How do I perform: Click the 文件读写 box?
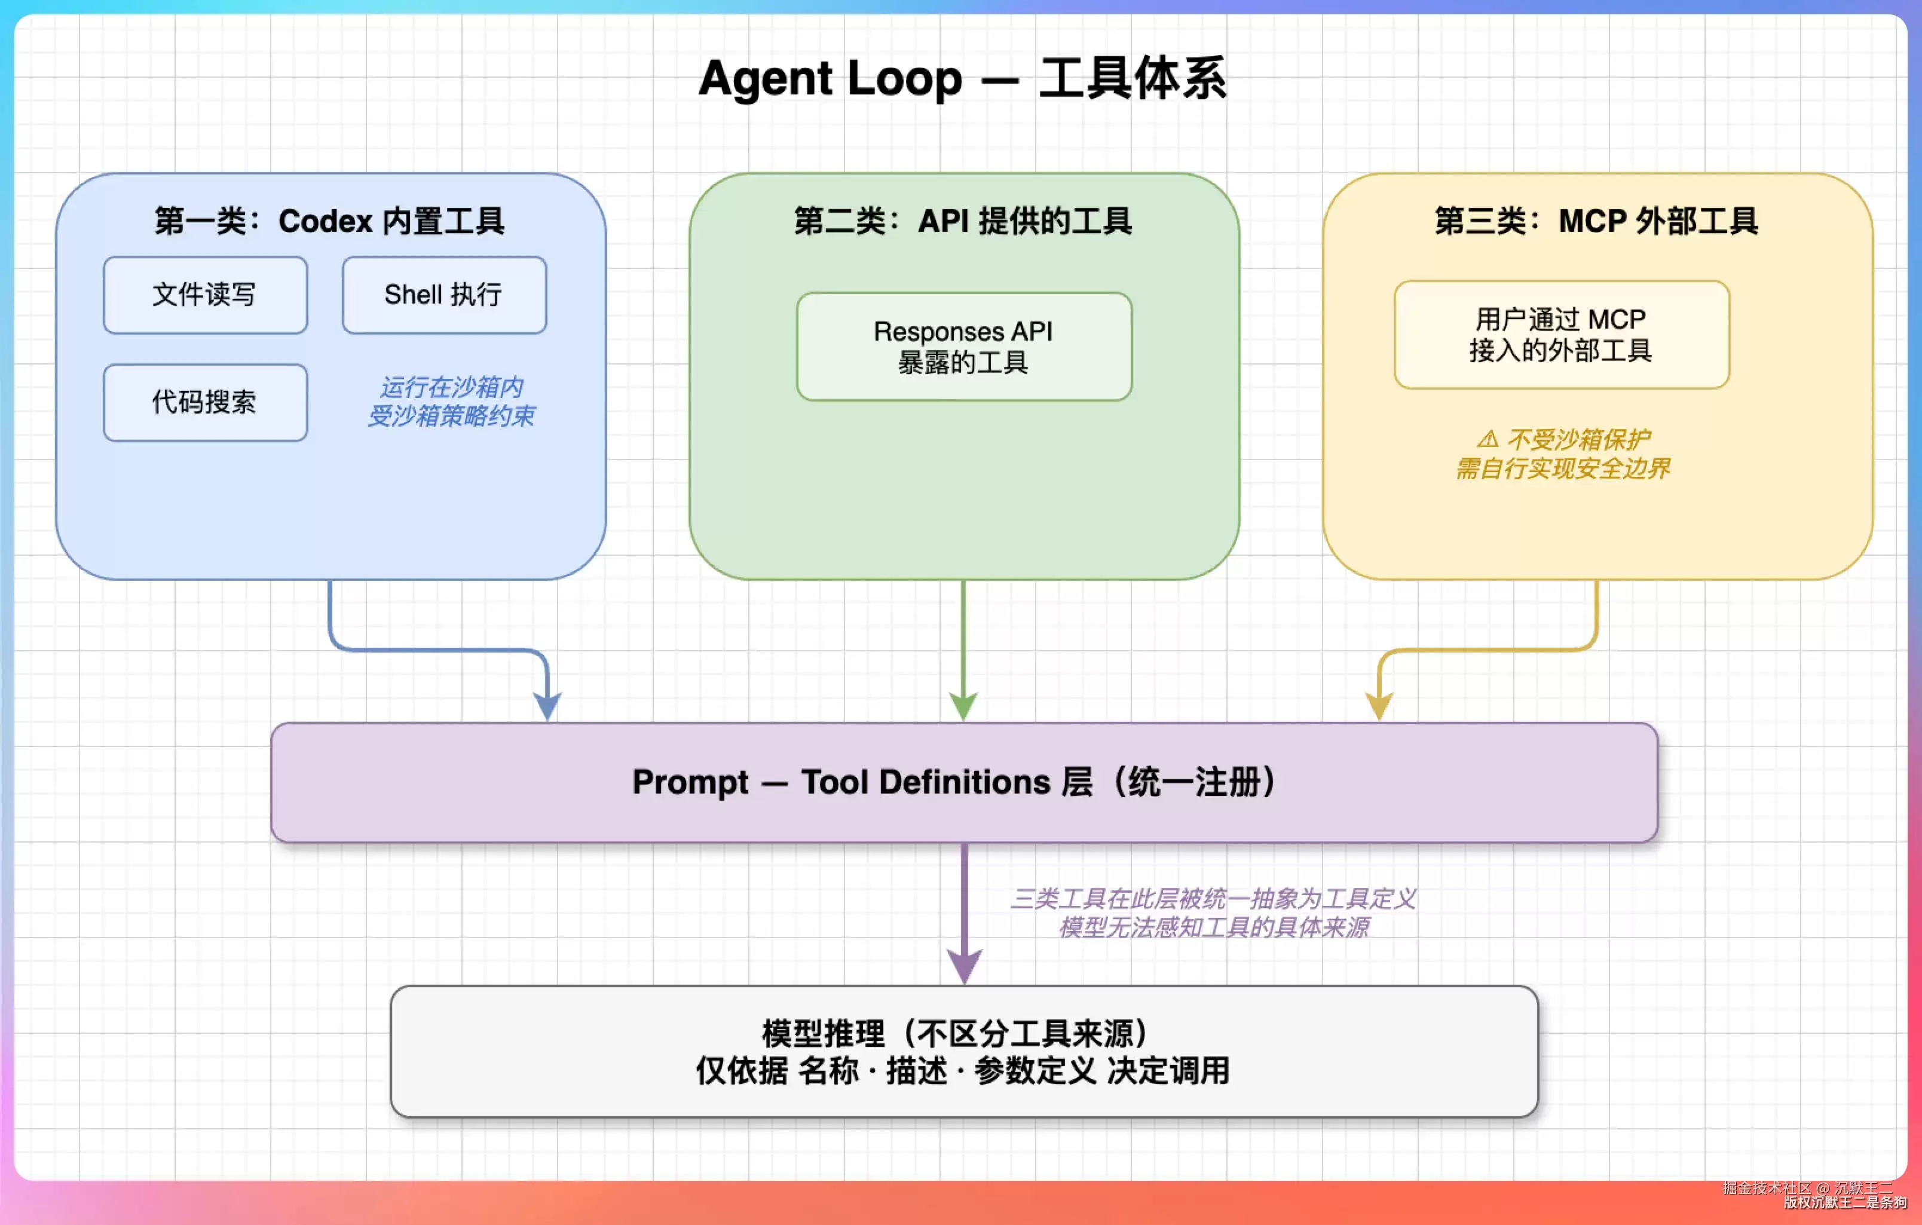pyautogui.click(x=205, y=295)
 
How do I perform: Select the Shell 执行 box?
pyautogui.click(x=445, y=295)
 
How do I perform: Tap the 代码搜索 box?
pyautogui.click(x=205, y=402)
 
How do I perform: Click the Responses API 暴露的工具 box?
pyautogui.click(x=964, y=347)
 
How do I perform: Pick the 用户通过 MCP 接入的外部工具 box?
pyautogui.click(x=1562, y=335)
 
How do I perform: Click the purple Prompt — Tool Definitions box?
pyautogui.click(x=964, y=782)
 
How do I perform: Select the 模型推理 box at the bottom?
pyautogui.click(x=964, y=1051)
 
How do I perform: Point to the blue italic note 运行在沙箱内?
pyautogui.click(x=452, y=387)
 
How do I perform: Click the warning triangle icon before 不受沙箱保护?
pyautogui.click(x=1488, y=439)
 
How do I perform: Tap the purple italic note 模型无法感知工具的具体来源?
pyautogui.click(x=1214, y=927)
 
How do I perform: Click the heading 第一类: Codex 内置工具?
pyautogui.click(x=330, y=221)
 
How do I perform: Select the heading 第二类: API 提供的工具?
pyautogui.click(x=963, y=221)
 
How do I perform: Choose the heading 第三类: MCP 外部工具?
pyautogui.click(x=1596, y=221)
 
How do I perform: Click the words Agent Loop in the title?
pyautogui.click(x=831, y=78)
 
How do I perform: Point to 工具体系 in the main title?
pyautogui.click(x=1133, y=78)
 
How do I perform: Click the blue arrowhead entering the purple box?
pyautogui.click(x=547, y=707)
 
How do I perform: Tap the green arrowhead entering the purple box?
pyautogui.click(x=963, y=707)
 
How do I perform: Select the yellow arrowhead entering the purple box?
pyautogui.click(x=1379, y=707)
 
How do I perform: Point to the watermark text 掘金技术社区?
pyautogui.click(x=1767, y=1189)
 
